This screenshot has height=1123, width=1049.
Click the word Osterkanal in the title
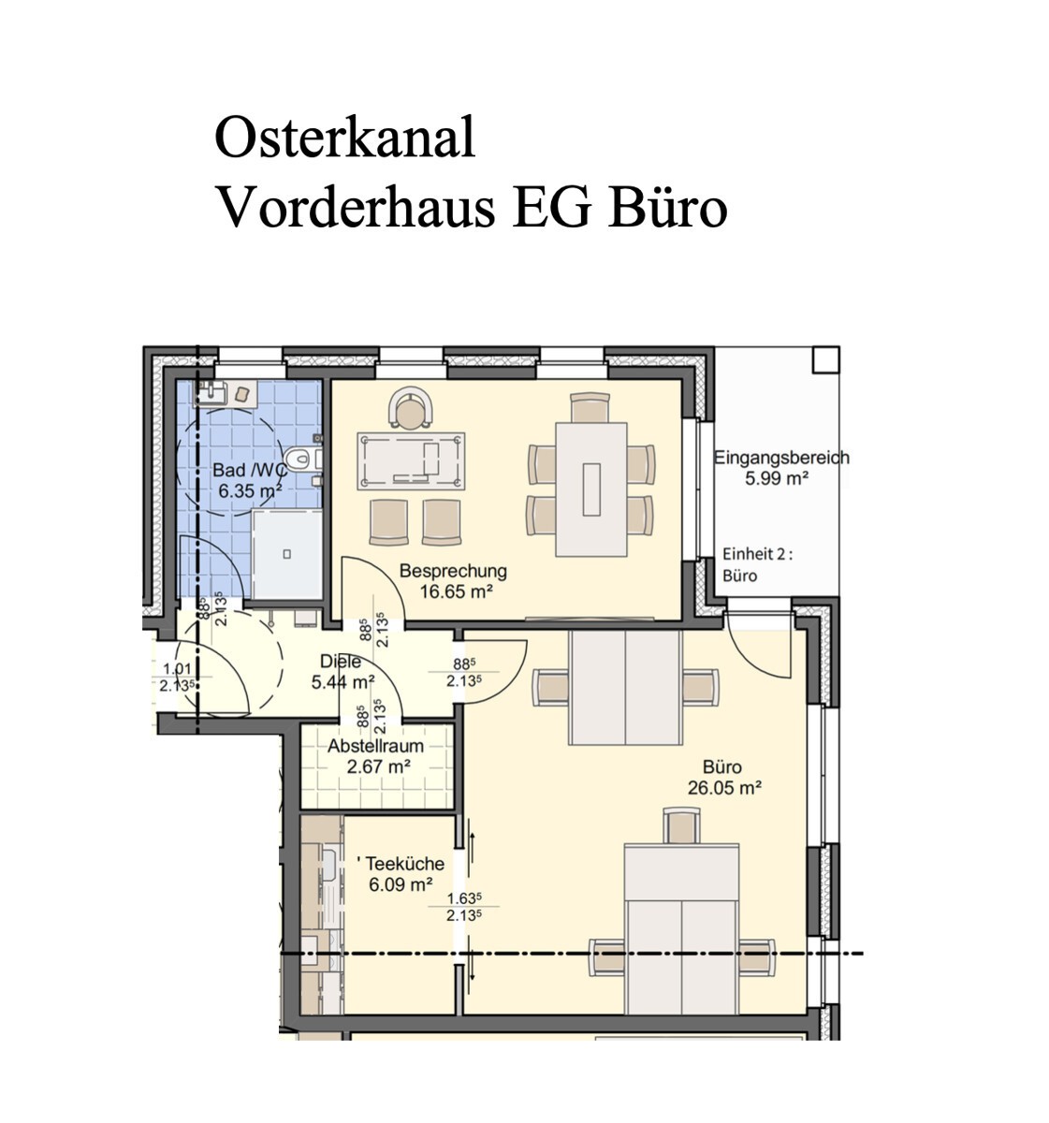344,137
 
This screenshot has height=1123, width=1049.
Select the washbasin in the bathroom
210,393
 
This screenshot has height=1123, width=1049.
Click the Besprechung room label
453,571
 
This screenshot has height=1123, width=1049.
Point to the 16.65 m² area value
457,592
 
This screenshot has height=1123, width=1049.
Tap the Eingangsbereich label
781,458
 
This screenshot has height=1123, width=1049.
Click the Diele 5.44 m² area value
342,682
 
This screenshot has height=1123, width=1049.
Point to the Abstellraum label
375,746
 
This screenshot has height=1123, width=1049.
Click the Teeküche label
404,864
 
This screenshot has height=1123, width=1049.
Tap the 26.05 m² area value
724,788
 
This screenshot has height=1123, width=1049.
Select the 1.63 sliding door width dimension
464,898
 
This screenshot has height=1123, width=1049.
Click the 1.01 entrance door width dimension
177,669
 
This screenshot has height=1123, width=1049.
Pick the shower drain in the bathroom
286,554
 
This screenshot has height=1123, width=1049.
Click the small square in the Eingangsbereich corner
825,359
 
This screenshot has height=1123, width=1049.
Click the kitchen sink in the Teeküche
329,867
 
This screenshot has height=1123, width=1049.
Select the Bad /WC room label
250,470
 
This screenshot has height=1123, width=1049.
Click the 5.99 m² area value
777,478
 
